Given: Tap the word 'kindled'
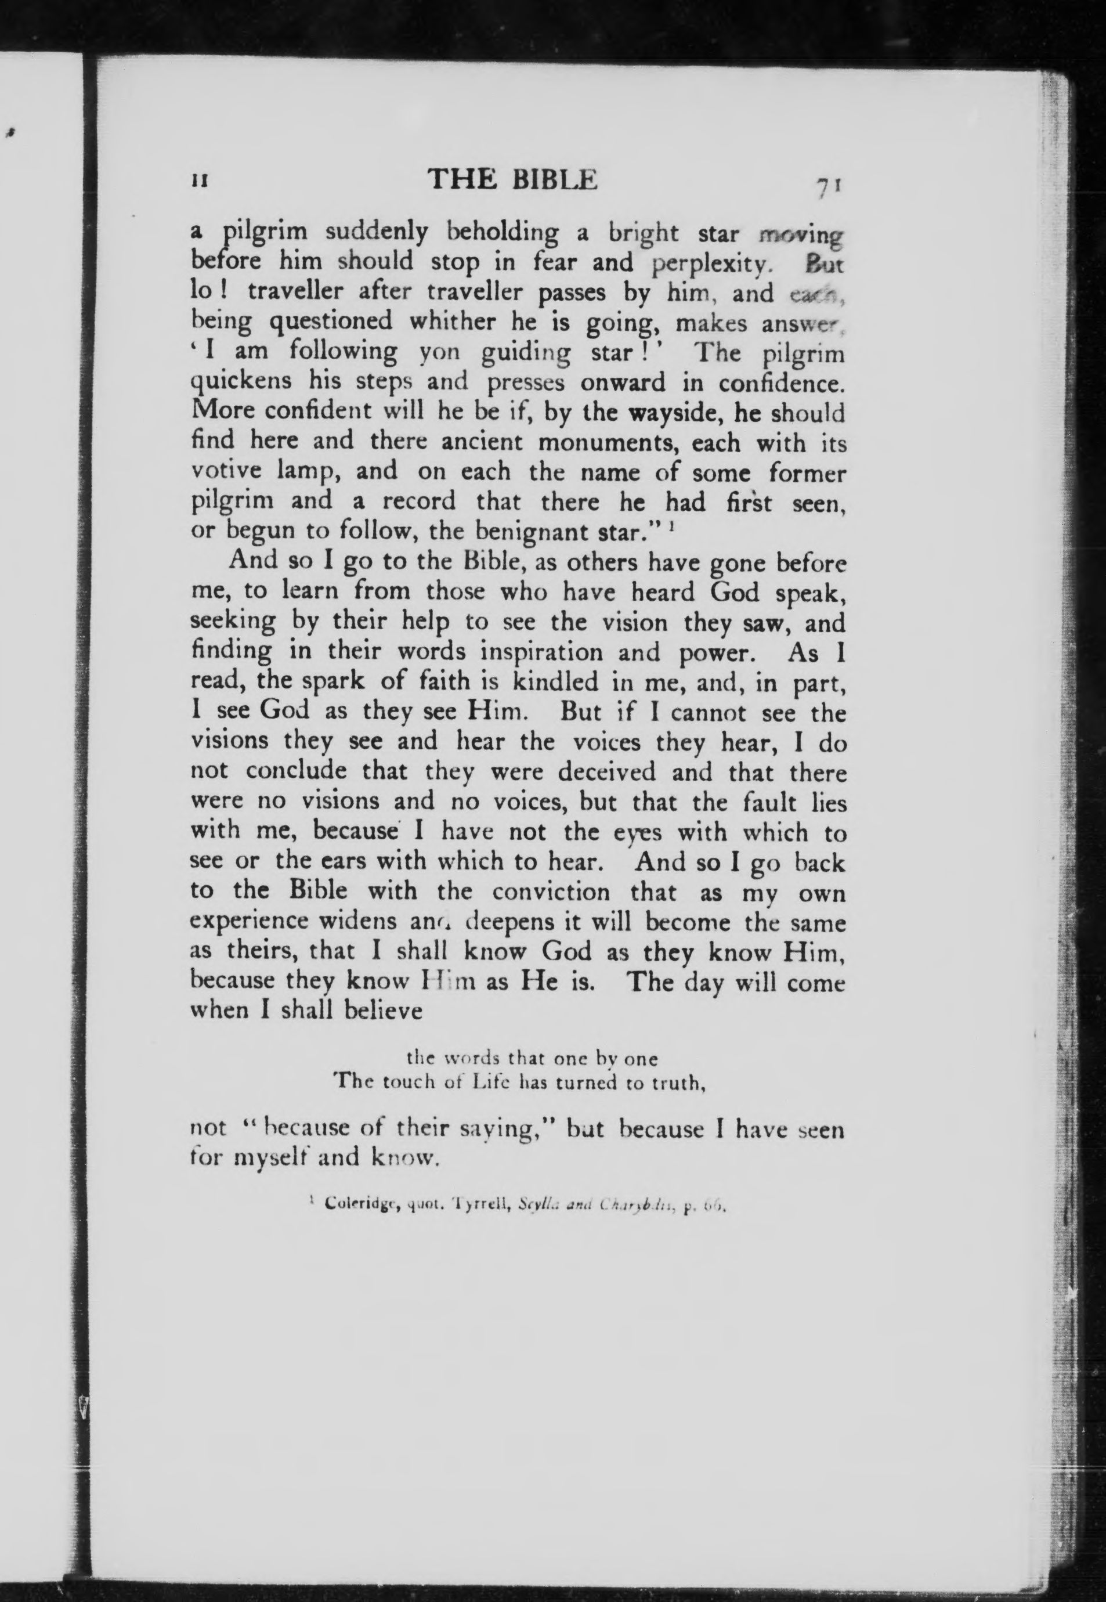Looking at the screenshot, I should [554, 682].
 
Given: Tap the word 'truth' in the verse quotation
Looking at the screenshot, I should [675, 1082].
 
